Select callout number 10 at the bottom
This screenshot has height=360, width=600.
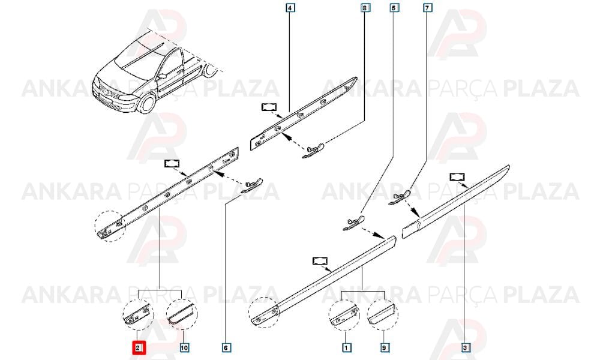pos(184,348)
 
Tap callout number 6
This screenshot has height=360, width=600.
pos(226,348)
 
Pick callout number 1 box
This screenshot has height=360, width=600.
pos(346,348)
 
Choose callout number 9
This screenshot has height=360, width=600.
pos(385,348)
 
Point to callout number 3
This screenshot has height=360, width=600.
pos(464,348)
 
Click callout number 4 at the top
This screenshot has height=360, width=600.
pos(290,8)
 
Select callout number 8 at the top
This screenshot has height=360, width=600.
pos(365,8)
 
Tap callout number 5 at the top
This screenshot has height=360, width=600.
pos(394,8)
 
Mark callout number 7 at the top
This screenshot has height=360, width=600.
pos(427,8)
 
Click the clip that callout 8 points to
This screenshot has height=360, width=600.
pos(313,151)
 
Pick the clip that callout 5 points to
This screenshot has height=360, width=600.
pos(353,223)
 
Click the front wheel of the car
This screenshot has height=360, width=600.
pos(148,103)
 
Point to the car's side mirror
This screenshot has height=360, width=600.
pos(162,76)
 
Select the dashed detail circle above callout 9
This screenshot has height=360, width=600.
pos(383,315)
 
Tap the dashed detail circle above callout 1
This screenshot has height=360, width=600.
pos(344,315)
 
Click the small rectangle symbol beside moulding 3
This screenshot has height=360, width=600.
pos(457,177)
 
